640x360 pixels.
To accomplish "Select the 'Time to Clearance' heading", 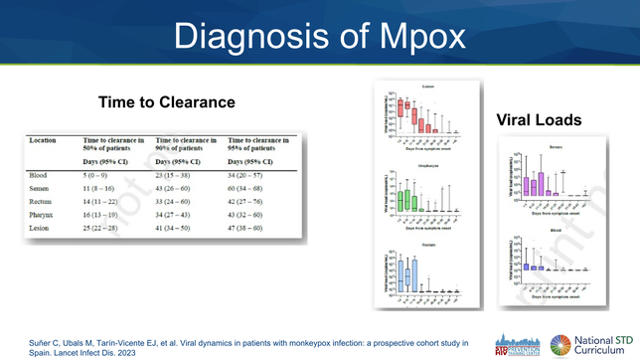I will pyautogui.click(x=167, y=102).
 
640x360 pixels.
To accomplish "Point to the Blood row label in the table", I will pyautogui.click(x=39, y=175).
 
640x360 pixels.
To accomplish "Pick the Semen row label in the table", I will pyautogui.click(x=41, y=188).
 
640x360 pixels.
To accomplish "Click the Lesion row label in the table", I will pyautogui.click(x=41, y=229).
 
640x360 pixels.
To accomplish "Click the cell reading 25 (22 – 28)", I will pyautogui.click(x=108, y=229).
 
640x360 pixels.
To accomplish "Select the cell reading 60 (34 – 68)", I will pyautogui.click(x=251, y=188).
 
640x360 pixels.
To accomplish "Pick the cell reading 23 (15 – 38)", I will pyautogui.click(x=180, y=175).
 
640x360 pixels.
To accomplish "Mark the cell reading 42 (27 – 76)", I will pyautogui.click(x=251, y=202).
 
